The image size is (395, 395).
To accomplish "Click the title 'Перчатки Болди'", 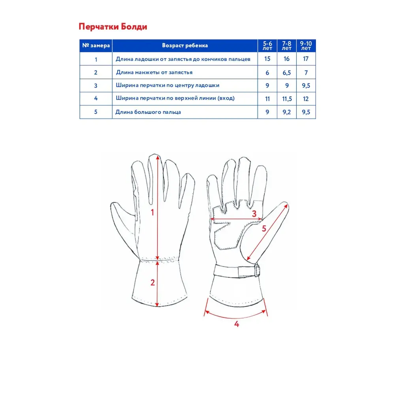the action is [113, 27].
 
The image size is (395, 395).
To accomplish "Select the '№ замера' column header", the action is [96, 45].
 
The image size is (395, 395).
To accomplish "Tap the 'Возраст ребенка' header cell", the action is [185, 45].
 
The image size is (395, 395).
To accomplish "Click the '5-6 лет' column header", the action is [267, 45].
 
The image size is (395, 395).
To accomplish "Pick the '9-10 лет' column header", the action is [306, 45].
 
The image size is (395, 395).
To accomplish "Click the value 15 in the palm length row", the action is [267, 59].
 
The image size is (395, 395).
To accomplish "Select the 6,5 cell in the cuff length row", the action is [287, 73].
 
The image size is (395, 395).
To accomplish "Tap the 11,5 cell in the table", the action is [287, 98].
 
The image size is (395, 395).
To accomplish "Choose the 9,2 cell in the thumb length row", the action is [287, 112].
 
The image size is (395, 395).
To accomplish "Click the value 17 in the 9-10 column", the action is [306, 59].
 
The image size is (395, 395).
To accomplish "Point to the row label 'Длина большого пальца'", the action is [148, 112].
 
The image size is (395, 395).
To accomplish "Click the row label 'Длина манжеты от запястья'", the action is [154, 73].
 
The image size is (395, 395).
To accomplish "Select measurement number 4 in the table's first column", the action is [96, 98].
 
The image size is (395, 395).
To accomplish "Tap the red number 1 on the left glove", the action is [153, 213].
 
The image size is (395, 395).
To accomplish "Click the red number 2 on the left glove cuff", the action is [152, 282].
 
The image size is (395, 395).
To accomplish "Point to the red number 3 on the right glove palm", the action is [254, 214].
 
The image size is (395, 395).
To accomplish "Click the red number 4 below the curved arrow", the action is [237, 324].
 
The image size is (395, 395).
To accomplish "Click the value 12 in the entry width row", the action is [306, 98].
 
